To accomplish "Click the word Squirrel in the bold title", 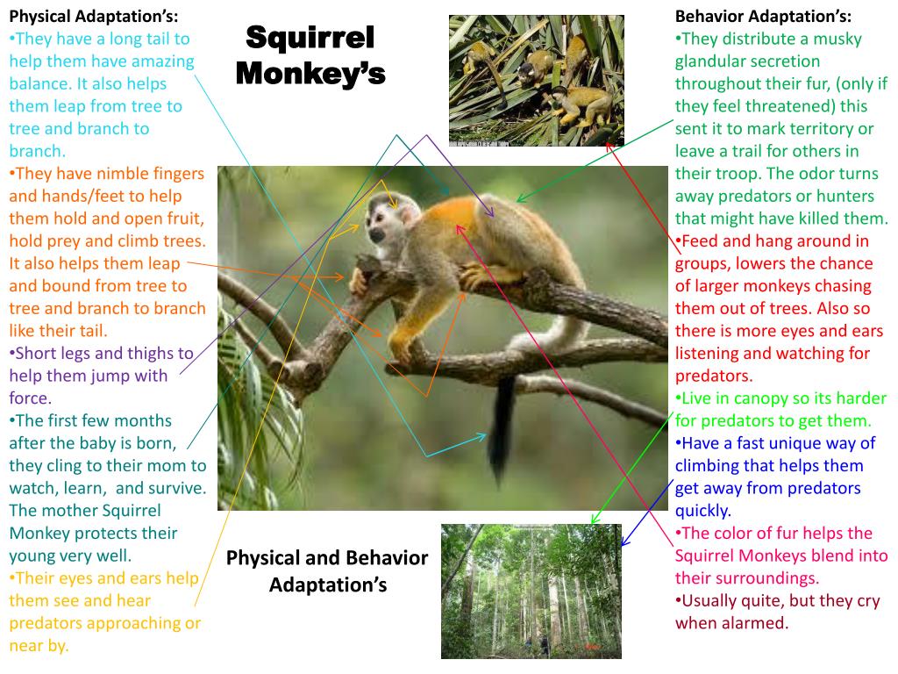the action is click(x=310, y=38).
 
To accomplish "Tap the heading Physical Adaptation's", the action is click(x=93, y=16).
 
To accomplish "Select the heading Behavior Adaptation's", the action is click(x=763, y=16).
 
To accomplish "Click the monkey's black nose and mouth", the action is click(x=376, y=235).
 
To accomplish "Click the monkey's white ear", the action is click(x=409, y=214).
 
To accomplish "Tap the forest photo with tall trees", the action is click(x=531, y=591).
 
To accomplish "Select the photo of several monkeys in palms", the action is click(x=537, y=80).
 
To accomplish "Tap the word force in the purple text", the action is click(x=29, y=398).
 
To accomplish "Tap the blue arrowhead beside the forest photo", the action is click(x=625, y=540).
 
